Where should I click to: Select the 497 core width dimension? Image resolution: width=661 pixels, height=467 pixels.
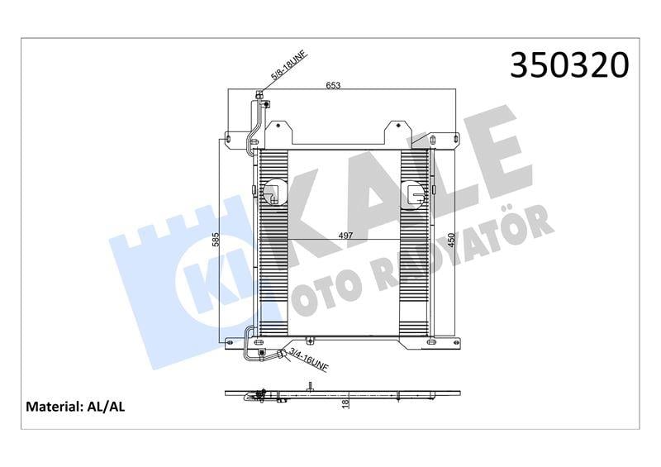coord(345,236)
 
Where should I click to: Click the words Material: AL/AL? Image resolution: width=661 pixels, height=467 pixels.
coord(76,407)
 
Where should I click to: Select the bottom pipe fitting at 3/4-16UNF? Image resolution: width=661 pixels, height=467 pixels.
coord(283,355)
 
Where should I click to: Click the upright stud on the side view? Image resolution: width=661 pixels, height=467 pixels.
coord(308,384)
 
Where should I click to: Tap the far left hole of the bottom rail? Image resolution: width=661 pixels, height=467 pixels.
coord(231,341)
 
